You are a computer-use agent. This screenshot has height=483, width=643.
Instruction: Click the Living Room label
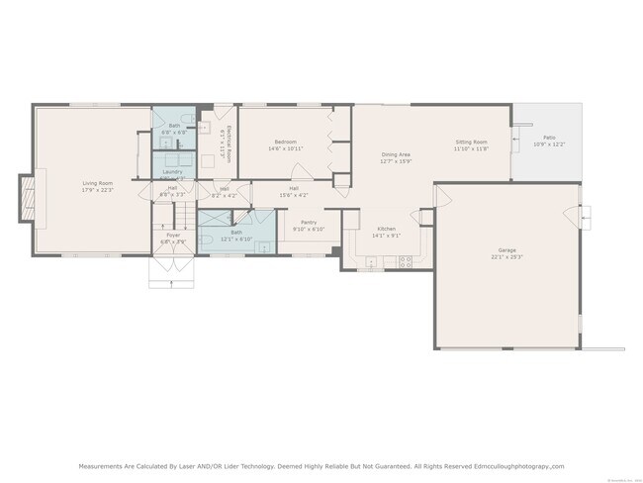point(97,182)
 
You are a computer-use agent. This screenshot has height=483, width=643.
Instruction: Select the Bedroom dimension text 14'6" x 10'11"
point(285,149)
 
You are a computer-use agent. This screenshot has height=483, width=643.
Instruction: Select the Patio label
point(548,138)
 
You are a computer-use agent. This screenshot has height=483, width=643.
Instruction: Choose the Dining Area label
point(397,154)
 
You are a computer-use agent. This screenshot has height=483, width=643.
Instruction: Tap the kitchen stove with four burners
point(404,261)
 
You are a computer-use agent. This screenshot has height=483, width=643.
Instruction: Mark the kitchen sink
point(372,262)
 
